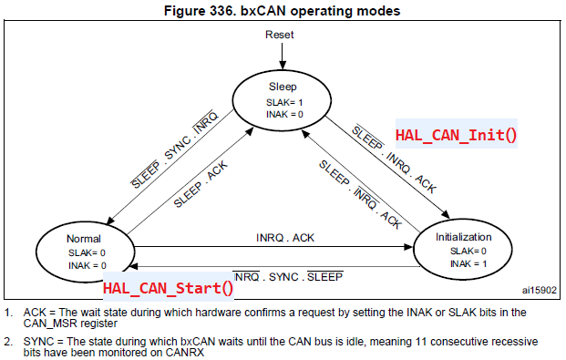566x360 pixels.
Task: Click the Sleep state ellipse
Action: (x=282, y=99)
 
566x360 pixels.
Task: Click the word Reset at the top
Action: (x=280, y=35)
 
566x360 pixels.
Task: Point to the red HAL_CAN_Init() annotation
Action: (x=455, y=134)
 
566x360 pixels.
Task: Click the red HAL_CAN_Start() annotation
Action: (x=168, y=288)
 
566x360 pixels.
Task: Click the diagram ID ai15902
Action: (x=538, y=291)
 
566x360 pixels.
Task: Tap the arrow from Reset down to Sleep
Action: (x=281, y=57)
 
